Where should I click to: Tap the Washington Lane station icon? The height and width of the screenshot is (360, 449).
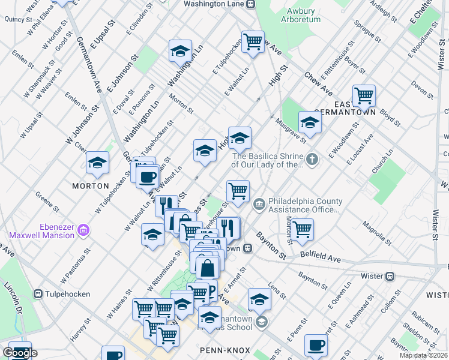[x=251, y=4]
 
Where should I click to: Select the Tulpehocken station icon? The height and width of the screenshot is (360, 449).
[x=38, y=294]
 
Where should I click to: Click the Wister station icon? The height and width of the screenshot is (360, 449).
[x=390, y=276]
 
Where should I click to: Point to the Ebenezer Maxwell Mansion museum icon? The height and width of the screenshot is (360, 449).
[x=83, y=230]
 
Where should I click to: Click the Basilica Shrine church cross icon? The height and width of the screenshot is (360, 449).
[x=312, y=160]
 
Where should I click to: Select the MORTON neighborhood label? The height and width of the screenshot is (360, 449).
[x=91, y=186]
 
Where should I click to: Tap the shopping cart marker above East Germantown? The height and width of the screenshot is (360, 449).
[x=363, y=95]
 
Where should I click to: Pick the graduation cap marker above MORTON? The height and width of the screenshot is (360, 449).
[x=97, y=161]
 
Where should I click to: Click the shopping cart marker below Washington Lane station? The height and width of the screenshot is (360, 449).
[x=253, y=42]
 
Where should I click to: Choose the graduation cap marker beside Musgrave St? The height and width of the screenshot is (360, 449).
[x=309, y=122]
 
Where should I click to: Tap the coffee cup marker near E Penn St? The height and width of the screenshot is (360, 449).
[x=316, y=345]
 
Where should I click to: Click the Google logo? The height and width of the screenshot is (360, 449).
[x=20, y=353]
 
